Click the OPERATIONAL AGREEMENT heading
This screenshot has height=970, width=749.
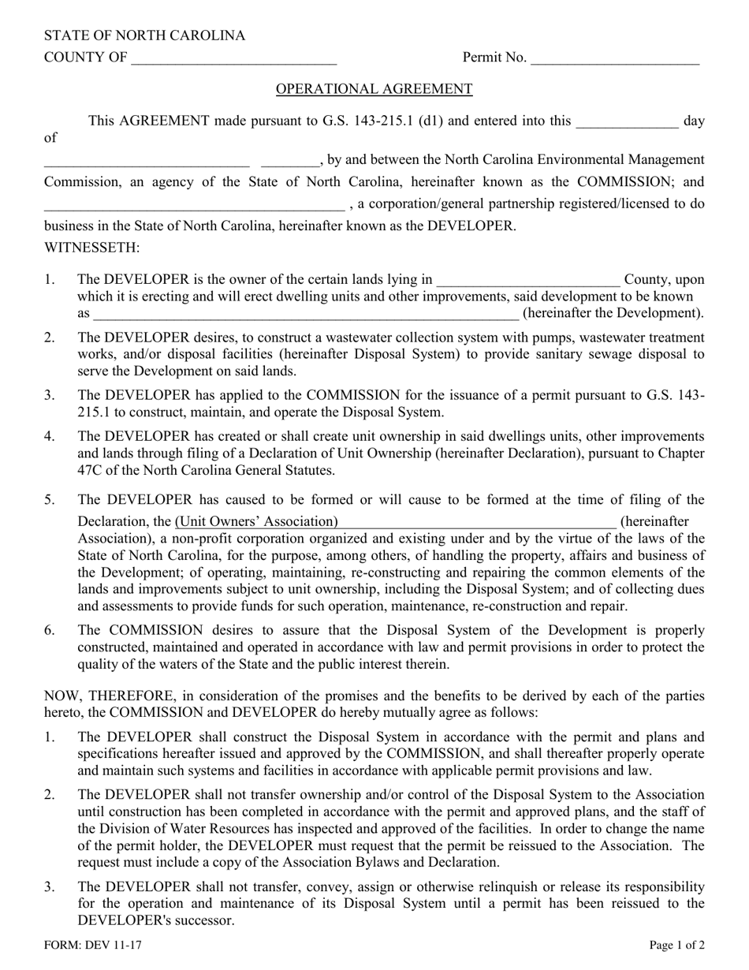point(374,89)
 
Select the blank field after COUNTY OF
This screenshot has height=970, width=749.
point(234,58)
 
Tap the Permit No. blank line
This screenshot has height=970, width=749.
point(615,58)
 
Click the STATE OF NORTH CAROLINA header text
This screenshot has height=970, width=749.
point(144,35)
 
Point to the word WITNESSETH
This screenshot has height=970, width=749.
point(91,248)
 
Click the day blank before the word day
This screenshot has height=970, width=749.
point(627,121)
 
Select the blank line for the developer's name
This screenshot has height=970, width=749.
point(193,205)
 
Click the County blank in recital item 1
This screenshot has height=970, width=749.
point(527,280)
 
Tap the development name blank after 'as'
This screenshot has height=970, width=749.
point(306,314)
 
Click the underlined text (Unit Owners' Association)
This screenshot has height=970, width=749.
point(256,521)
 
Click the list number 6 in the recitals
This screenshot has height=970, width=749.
point(50,630)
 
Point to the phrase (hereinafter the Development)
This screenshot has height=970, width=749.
point(613,314)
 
